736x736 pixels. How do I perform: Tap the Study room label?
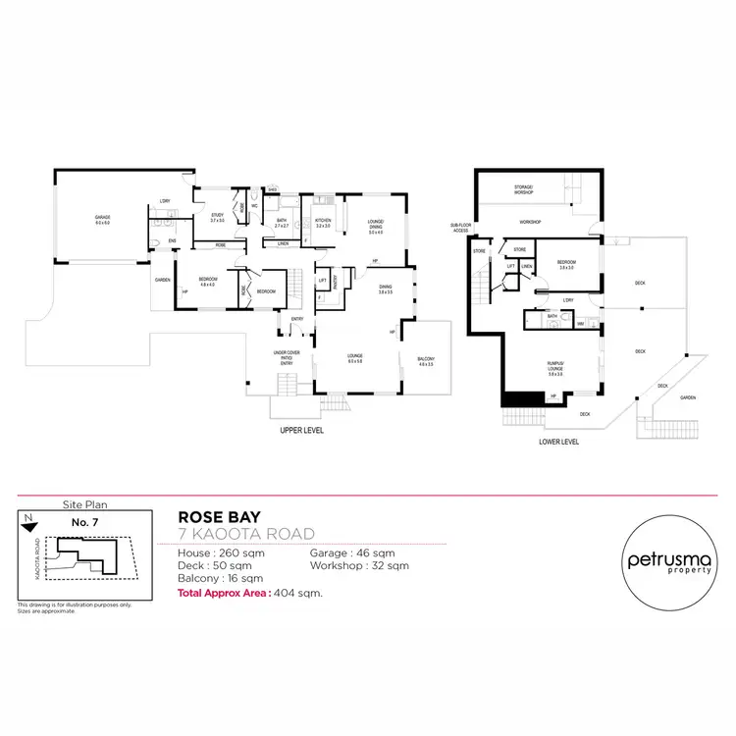[218, 218]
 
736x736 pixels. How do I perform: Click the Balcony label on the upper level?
[425, 360]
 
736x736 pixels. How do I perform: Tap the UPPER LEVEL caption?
[302, 430]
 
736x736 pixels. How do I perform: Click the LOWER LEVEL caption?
[558, 442]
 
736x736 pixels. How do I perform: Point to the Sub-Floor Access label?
[461, 228]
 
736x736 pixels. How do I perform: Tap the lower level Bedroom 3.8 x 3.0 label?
[566, 264]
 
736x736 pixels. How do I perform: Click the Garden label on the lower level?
[688, 397]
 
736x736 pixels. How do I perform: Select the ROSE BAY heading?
[218, 515]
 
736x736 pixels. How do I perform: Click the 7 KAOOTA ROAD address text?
[245, 534]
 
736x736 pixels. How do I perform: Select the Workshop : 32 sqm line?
[359, 566]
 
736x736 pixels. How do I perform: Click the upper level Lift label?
[322, 281]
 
